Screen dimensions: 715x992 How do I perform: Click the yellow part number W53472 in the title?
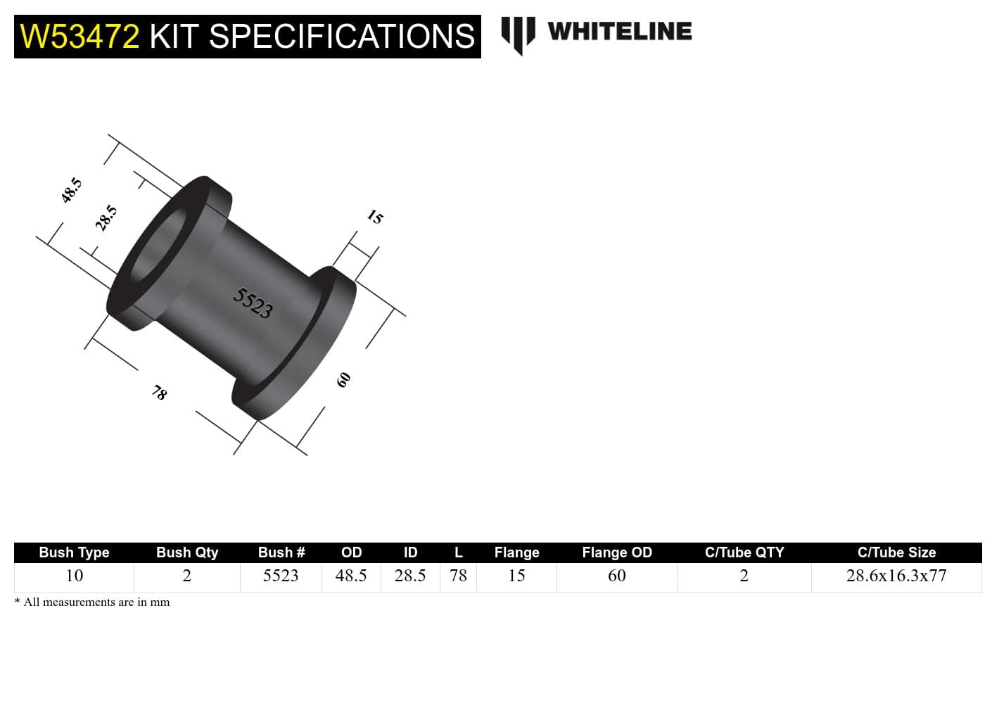tap(80, 37)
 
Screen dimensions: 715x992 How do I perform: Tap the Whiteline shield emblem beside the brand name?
tap(518, 34)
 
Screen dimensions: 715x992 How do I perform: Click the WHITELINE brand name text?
tap(619, 31)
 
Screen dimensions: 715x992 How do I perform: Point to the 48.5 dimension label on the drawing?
tap(72, 190)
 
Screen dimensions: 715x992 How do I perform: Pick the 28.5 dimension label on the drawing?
tap(106, 218)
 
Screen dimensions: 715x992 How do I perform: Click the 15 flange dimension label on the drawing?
tap(375, 217)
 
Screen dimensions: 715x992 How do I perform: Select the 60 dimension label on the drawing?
tap(343, 380)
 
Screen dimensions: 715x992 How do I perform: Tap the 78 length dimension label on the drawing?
tap(160, 392)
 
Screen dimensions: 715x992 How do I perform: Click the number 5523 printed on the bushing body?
tap(253, 303)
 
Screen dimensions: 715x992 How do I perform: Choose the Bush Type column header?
tap(74, 552)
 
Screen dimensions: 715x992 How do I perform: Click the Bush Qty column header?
tap(187, 552)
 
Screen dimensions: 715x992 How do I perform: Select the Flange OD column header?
tap(616, 552)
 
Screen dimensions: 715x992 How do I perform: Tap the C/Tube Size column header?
tap(896, 552)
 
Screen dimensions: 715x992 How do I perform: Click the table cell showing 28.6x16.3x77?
tap(896, 576)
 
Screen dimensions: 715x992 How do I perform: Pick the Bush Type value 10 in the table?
tap(74, 576)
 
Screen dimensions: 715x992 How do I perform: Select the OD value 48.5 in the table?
tap(351, 576)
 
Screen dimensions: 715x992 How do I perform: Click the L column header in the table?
tap(458, 552)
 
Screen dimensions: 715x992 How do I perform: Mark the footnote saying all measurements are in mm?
tap(92, 602)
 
